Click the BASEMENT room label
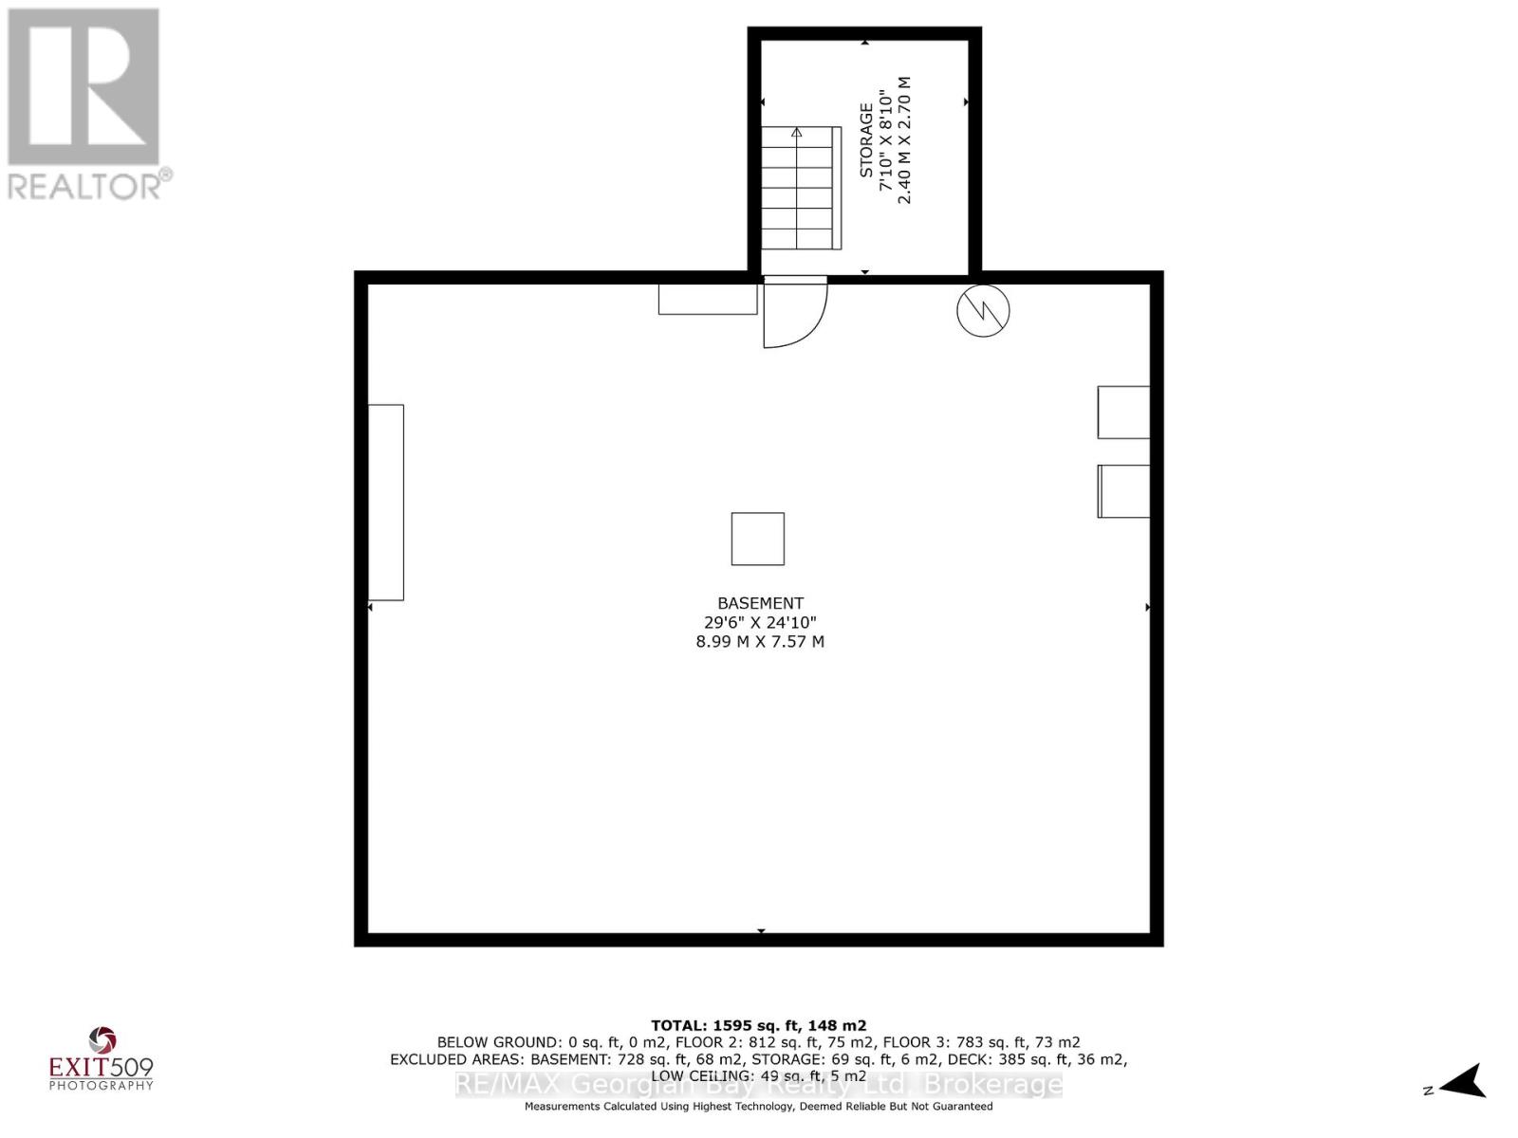click(x=760, y=603)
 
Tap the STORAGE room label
click(x=866, y=140)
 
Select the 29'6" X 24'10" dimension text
click(x=760, y=622)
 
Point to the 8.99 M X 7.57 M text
click(x=760, y=642)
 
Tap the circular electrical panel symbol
click(x=983, y=311)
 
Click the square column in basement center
click(x=757, y=539)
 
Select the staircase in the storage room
click(x=801, y=188)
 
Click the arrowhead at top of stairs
click(x=797, y=131)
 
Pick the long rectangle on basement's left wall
click(x=385, y=503)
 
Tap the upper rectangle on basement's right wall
click(x=1123, y=413)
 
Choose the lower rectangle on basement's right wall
click(x=1123, y=491)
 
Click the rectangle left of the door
click(x=708, y=299)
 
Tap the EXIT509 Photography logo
click(x=101, y=1059)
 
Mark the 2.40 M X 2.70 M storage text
click(x=904, y=140)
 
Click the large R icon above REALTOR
click(x=83, y=86)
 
